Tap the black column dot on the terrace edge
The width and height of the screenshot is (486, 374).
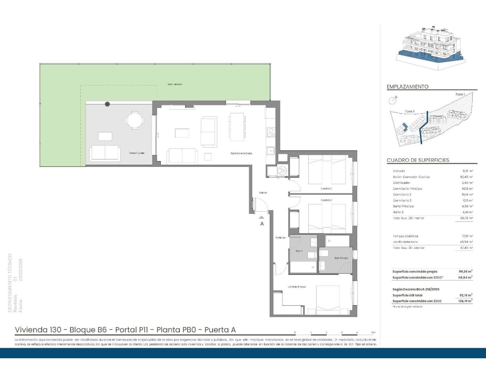pyautogui.click(x=107, y=104)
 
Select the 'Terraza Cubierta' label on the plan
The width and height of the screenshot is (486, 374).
pyautogui.click(x=137, y=153)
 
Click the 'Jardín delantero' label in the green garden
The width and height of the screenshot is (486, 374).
pyautogui.click(x=175, y=84)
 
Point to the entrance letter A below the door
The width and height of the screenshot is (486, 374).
pyautogui.click(x=262, y=223)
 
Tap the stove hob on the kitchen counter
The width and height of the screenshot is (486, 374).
pyautogui.click(x=270, y=132)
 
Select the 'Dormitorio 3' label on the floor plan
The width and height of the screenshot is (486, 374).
pyautogui.click(x=326, y=188)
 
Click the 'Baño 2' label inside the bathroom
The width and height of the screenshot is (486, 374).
pyautogui.click(x=299, y=251)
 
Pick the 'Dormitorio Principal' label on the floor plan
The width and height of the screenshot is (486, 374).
pyautogui.click(x=296, y=287)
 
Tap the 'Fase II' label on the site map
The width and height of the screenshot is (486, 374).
pyautogui.click(x=410, y=111)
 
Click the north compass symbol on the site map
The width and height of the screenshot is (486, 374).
pyautogui.click(x=393, y=100)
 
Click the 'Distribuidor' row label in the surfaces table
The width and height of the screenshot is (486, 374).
pyautogui.click(x=401, y=183)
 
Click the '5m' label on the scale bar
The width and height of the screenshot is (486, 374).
pyautogui.click(x=373, y=332)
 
